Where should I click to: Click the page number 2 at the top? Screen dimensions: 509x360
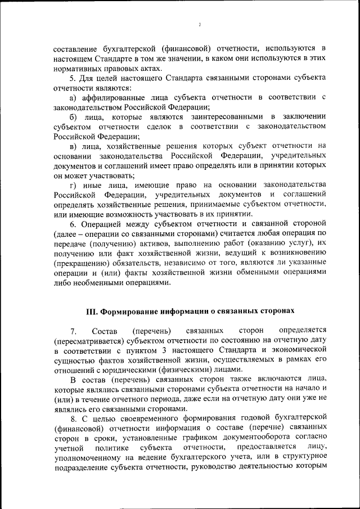click(200, 25)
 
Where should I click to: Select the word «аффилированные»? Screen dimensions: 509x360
click(110, 98)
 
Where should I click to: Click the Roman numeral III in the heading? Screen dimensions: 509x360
click(92, 310)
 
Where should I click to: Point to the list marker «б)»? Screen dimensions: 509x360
click(74, 116)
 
